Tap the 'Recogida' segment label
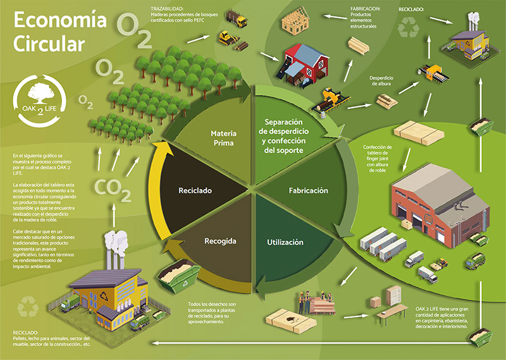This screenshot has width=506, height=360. click(x=220, y=241)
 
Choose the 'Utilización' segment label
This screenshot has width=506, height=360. click(x=285, y=242)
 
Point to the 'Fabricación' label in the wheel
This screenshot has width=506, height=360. click(x=308, y=190)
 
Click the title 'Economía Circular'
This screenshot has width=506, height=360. click(x=58, y=32)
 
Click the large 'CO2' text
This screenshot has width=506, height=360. click(x=113, y=187)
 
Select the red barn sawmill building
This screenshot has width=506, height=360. click(x=306, y=61)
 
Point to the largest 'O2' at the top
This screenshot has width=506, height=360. click(x=134, y=28)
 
